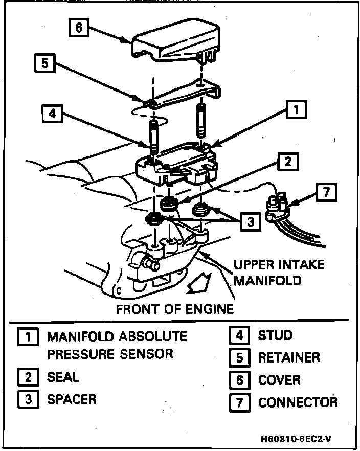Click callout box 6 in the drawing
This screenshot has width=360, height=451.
[x=79, y=27]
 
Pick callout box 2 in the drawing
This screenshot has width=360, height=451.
[x=288, y=162]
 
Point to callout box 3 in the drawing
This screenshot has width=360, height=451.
[x=250, y=222]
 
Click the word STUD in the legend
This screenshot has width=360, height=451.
[x=276, y=335]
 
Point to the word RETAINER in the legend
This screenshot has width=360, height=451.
[x=289, y=357]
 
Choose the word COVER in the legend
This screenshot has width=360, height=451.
[x=279, y=380]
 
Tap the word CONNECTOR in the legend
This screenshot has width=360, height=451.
[x=298, y=402]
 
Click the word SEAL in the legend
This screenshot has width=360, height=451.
[x=63, y=377]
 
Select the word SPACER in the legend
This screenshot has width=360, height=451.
[x=72, y=399]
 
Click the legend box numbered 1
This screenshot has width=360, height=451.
[x=27, y=337]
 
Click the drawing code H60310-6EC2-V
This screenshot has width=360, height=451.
[x=299, y=438]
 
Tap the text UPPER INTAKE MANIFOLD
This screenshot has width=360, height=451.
[x=278, y=273]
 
